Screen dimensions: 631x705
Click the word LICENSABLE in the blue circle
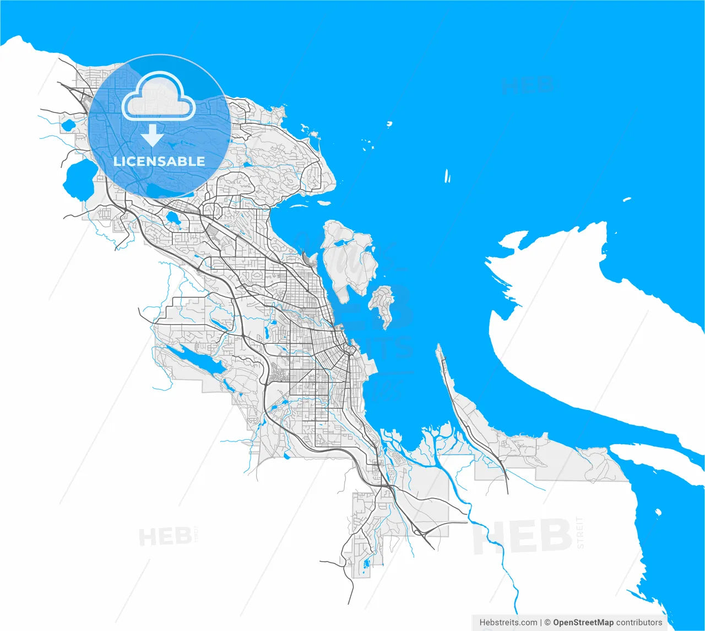pyautogui.click(x=159, y=161)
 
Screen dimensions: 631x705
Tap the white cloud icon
pyautogui.click(x=159, y=97)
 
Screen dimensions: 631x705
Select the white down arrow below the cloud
pyautogui.click(x=153, y=136)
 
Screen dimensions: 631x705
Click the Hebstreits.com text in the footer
pyautogui.click(x=508, y=622)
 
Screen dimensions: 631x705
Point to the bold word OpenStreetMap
pyautogui.click(x=583, y=622)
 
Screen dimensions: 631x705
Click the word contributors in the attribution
pyautogui.click(x=639, y=622)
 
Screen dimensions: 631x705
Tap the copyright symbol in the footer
pyautogui.click(x=547, y=622)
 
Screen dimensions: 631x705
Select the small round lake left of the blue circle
pyautogui.click(x=68, y=126)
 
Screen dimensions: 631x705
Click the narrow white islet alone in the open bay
pyautogui.click(x=447, y=176)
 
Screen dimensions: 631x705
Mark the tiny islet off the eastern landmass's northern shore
pyautogui.click(x=627, y=199)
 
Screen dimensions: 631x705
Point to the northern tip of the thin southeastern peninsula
pyautogui.click(x=439, y=347)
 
